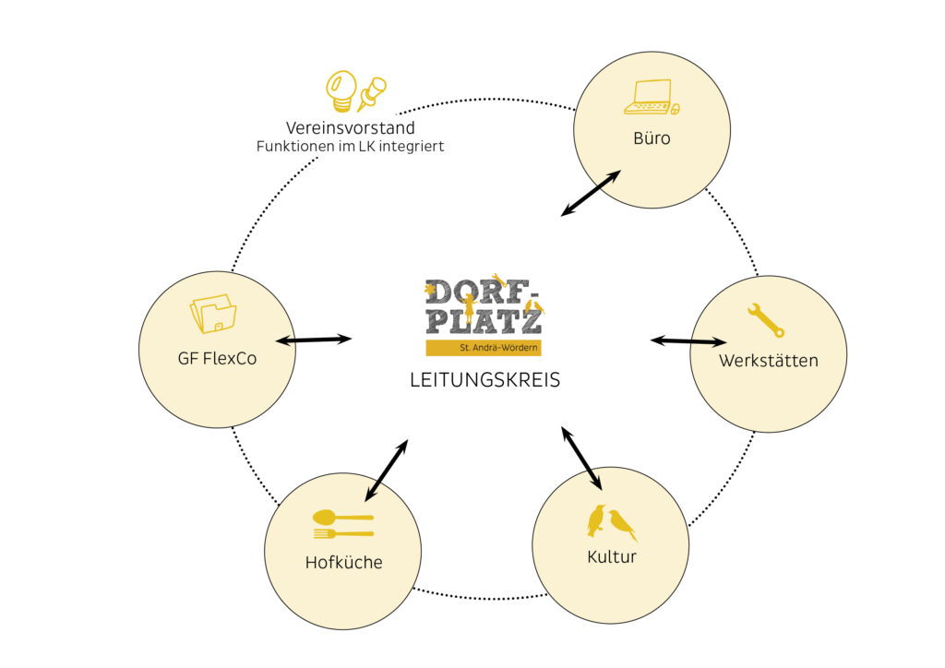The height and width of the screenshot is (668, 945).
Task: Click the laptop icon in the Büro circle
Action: click(650, 97)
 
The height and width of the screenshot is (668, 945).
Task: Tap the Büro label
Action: click(652, 139)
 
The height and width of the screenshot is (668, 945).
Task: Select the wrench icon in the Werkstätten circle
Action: click(766, 319)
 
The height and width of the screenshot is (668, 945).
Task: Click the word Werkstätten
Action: click(769, 360)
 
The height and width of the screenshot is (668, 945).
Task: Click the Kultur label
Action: click(612, 557)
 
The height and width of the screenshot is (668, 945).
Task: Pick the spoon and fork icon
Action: click(343, 524)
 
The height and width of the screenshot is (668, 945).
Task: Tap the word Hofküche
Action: click(344, 562)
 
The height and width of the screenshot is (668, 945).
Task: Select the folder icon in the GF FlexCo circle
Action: click(213, 314)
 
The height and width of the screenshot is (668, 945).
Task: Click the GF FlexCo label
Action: click(217, 358)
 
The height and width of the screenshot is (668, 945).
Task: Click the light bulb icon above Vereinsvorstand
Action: click(341, 90)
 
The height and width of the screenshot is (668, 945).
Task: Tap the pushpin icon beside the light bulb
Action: click(372, 93)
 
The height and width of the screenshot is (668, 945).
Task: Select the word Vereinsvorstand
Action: click(351, 128)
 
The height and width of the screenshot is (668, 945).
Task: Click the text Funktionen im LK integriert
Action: click(351, 146)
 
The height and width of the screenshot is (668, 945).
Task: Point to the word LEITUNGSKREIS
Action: click(484, 379)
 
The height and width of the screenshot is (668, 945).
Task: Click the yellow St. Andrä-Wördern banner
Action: click(484, 348)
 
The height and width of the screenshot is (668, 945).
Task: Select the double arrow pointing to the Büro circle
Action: click(591, 194)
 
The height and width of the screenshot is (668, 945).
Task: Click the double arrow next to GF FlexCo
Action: click(314, 340)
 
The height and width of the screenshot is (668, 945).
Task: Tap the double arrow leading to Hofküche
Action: click(386, 471)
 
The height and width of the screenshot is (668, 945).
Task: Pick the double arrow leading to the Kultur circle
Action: click(581, 458)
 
